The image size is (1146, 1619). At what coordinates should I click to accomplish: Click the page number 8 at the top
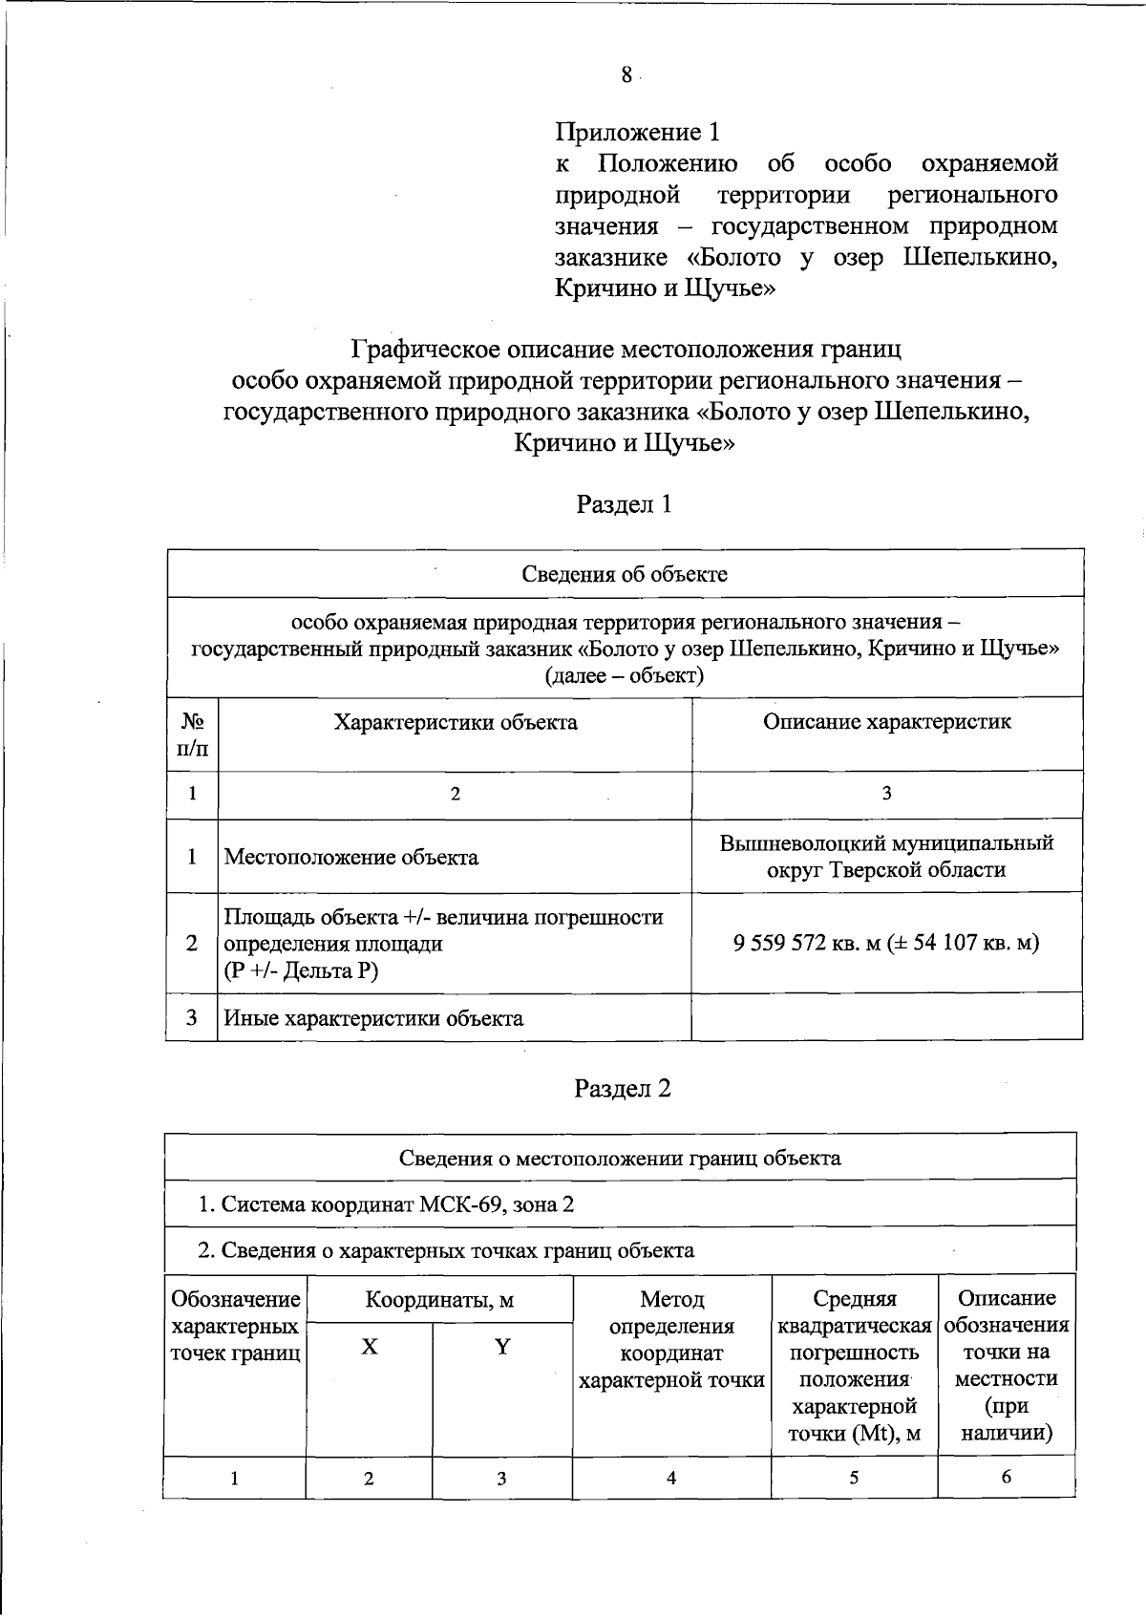point(626,75)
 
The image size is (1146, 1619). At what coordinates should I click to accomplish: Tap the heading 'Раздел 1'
point(624,503)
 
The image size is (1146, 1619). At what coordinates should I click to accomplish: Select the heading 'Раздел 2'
point(622,1088)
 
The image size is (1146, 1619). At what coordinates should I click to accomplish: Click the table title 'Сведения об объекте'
point(625,574)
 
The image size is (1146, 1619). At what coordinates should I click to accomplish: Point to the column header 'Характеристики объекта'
point(455,722)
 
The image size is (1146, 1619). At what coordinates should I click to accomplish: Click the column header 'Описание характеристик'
point(886,722)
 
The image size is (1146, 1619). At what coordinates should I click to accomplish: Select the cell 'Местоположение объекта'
point(351,857)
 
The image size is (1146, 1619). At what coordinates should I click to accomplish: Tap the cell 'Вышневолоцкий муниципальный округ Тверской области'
point(886,857)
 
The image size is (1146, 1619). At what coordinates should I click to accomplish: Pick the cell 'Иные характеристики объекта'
point(373,1018)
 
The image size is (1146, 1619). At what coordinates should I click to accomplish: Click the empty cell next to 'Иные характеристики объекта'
point(886,1018)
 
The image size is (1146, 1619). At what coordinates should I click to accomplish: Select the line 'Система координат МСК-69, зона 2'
point(386,1204)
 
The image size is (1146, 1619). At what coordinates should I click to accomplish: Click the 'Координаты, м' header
point(439,1300)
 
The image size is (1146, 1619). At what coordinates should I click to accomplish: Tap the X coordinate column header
point(369,1347)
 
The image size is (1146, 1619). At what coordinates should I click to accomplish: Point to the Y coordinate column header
point(501,1347)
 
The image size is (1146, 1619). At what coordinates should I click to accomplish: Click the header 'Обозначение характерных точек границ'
point(235,1326)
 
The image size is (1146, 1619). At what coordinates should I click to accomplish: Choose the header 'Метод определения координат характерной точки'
point(671,1339)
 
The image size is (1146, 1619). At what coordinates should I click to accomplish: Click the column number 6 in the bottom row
point(1006,1477)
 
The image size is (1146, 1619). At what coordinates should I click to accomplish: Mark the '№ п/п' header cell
point(192,735)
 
